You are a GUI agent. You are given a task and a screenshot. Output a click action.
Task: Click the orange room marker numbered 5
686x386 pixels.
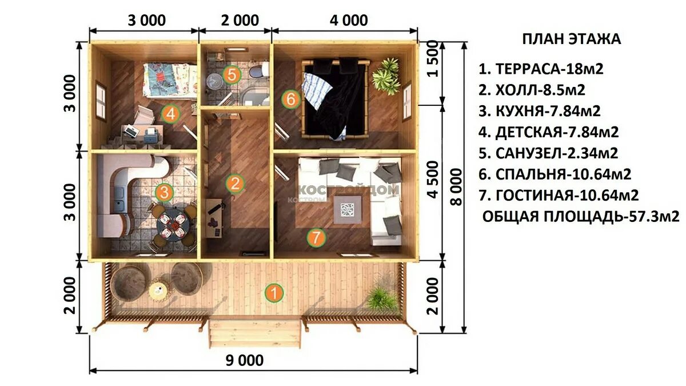point(232,75)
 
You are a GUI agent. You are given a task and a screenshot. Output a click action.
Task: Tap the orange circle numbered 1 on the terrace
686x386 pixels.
point(274,293)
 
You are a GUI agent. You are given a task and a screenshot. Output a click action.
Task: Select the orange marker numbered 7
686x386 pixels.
point(316,237)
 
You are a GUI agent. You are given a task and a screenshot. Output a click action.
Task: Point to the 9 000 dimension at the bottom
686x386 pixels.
point(245,361)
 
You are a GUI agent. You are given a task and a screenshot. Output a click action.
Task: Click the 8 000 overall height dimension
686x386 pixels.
point(456,187)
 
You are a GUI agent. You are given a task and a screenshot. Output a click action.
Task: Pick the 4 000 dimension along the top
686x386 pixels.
point(349,21)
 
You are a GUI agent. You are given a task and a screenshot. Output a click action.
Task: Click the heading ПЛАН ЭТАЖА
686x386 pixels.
point(572,39)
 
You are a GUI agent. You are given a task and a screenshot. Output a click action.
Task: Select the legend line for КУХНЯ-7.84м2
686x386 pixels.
point(540,111)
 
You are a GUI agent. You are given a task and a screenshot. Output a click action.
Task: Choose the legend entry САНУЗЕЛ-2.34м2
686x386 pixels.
point(548,153)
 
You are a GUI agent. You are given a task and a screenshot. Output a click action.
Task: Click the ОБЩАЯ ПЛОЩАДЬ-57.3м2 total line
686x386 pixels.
point(581,217)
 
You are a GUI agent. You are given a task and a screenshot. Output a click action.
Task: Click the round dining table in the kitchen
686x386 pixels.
point(173,225)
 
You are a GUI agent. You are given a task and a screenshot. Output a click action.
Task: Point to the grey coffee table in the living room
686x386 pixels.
point(348,210)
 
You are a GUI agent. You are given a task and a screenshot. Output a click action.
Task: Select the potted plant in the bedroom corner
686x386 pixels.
point(386,76)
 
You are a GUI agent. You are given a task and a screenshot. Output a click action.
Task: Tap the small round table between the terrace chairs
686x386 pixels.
point(159,290)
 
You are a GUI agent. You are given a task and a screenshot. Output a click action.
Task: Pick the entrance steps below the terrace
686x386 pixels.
point(255,333)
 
